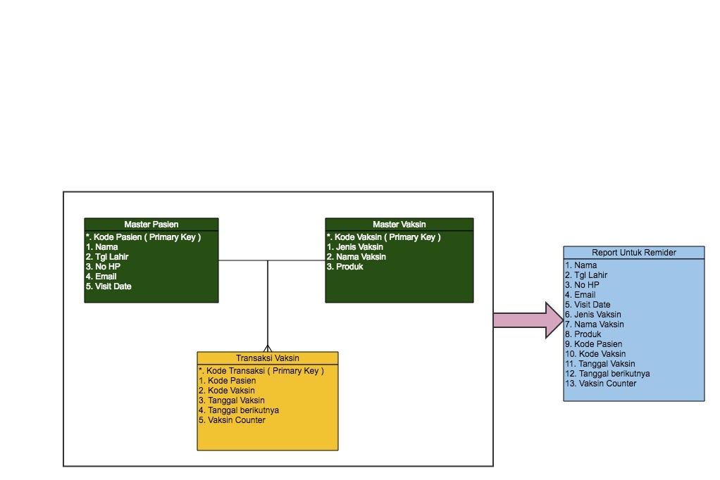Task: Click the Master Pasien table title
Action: (x=151, y=225)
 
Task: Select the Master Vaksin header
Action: (x=399, y=225)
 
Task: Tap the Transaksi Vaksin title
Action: (x=267, y=358)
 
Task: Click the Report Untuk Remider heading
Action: (x=633, y=253)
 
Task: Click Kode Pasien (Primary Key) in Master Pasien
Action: (x=144, y=237)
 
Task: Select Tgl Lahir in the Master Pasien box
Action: (x=107, y=257)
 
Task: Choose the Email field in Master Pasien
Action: (x=101, y=277)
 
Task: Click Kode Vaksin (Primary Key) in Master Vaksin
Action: (x=384, y=237)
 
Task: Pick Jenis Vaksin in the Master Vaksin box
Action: (x=355, y=247)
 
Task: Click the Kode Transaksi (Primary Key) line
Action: (x=261, y=370)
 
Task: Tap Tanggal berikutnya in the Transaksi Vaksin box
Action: (x=239, y=410)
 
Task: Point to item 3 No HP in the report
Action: (x=581, y=285)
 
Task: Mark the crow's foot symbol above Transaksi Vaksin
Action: (x=268, y=348)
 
